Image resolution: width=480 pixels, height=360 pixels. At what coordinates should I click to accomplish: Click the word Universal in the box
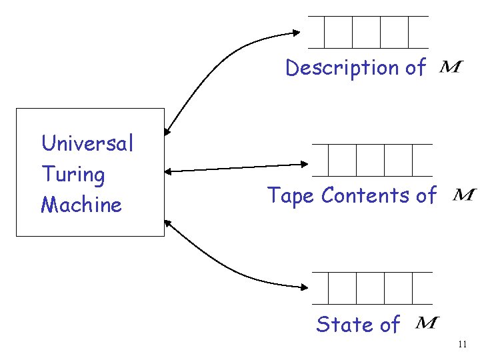tap(87, 143)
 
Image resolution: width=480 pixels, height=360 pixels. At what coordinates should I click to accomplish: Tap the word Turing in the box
tap(73, 175)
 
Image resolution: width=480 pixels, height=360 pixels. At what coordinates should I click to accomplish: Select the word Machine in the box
tap(81, 205)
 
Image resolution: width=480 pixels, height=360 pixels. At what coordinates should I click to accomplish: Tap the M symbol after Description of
tap(451, 67)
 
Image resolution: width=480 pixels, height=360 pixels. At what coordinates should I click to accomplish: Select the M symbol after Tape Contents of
tap(464, 195)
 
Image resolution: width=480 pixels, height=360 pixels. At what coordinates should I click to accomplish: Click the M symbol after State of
tap(427, 323)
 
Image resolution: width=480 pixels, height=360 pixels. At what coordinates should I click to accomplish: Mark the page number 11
tap(463, 345)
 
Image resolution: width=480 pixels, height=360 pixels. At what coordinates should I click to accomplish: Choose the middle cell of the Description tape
tap(366, 31)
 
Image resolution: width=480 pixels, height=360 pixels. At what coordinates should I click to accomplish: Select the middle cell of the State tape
tap(371, 288)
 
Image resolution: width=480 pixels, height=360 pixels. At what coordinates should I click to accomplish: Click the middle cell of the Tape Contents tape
tap(371, 160)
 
